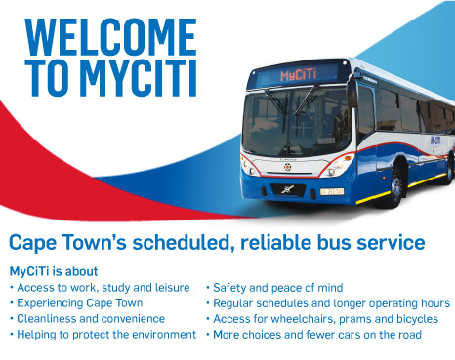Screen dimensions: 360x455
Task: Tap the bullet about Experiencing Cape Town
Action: click(x=76, y=302)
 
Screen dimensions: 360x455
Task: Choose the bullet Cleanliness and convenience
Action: click(x=87, y=318)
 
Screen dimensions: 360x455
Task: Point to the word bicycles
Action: click(x=423, y=318)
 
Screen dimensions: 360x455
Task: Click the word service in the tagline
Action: click(x=392, y=242)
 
